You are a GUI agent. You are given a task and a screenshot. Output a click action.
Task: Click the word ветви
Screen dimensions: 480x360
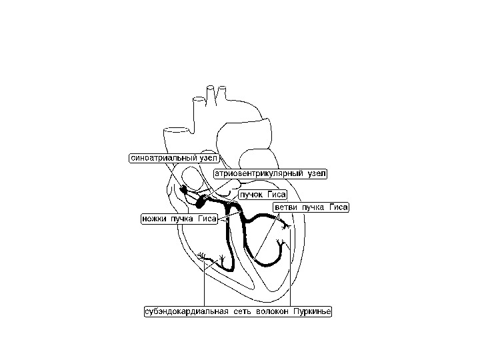coord(287,207)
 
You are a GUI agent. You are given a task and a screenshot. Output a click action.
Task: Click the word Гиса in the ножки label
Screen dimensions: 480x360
coord(206,218)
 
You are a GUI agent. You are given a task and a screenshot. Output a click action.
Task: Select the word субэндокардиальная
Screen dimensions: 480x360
coord(185,311)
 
